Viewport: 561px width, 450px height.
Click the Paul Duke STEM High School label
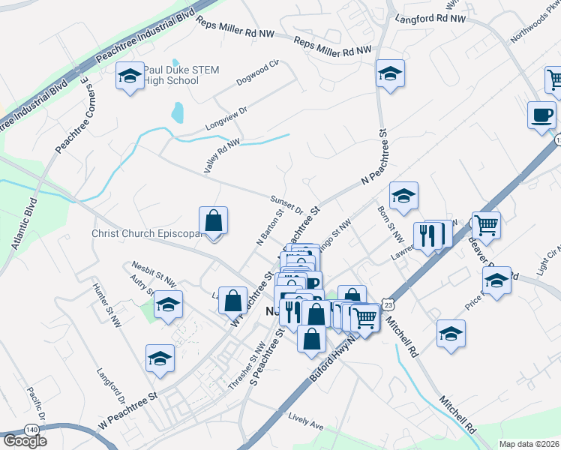tap(181, 75)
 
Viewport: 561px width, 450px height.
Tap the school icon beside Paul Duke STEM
tap(130, 76)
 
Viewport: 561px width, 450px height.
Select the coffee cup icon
tap(541, 115)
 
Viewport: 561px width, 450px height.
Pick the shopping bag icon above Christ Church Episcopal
tap(214, 220)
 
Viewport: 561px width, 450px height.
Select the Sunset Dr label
tap(286, 203)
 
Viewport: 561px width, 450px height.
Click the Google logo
tap(25, 441)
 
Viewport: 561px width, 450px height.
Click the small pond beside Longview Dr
tap(177, 113)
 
